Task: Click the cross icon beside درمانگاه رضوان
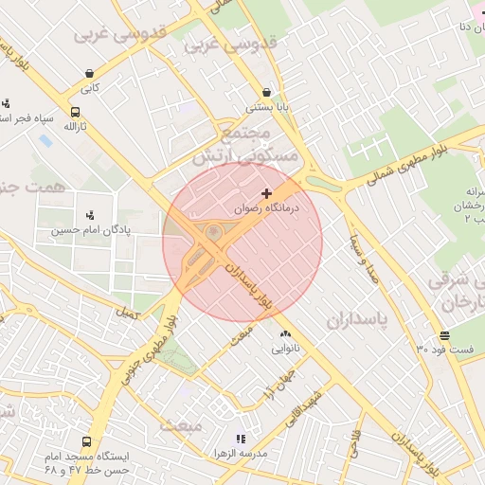point(266,193)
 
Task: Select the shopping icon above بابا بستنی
point(266,93)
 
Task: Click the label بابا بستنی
point(266,107)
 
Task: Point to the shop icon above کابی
point(89,73)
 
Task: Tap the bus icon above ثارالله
point(75,111)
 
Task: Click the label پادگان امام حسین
point(91,229)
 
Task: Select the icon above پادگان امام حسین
point(90,215)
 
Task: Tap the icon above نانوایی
point(285,334)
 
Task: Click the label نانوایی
point(285,349)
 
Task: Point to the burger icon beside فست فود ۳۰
point(444,336)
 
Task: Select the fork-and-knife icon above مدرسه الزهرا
point(241,439)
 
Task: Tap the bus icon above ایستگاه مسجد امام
point(87,441)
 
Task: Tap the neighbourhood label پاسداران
point(357,320)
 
